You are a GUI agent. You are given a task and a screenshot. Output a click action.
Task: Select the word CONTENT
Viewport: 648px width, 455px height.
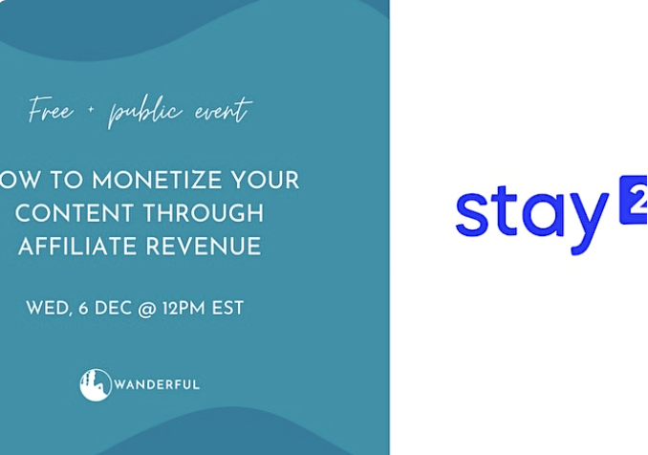pos(75,213)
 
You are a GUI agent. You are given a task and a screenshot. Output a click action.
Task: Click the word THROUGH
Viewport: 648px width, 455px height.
pos(204,213)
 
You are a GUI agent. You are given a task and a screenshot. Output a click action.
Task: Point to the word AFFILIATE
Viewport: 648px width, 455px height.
pos(77,246)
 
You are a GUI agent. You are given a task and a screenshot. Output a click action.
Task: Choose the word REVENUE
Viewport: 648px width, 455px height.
pos(204,246)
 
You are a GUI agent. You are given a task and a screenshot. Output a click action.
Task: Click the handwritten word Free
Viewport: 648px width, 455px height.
pos(51,110)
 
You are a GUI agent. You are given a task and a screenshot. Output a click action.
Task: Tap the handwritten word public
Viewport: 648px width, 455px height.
pos(145,112)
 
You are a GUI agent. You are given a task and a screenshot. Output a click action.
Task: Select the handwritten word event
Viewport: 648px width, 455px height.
pos(223,110)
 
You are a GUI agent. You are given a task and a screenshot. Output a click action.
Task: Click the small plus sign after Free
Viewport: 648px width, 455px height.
pos(91,110)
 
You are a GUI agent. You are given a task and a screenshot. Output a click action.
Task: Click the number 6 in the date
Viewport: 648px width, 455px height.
pos(83,308)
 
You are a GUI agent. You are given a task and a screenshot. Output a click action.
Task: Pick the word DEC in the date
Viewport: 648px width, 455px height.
pos(113,308)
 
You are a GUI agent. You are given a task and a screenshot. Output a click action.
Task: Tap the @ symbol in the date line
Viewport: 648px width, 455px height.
pos(147,309)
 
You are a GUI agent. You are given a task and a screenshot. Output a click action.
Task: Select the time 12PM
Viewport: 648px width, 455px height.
pos(184,308)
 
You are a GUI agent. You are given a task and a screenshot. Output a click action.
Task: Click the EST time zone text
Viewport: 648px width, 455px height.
pos(227,308)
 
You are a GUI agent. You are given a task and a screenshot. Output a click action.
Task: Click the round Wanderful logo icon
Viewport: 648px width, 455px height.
pos(96,385)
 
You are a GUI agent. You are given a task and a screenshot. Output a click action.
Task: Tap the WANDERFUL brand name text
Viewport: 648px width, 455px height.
pos(157,385)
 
